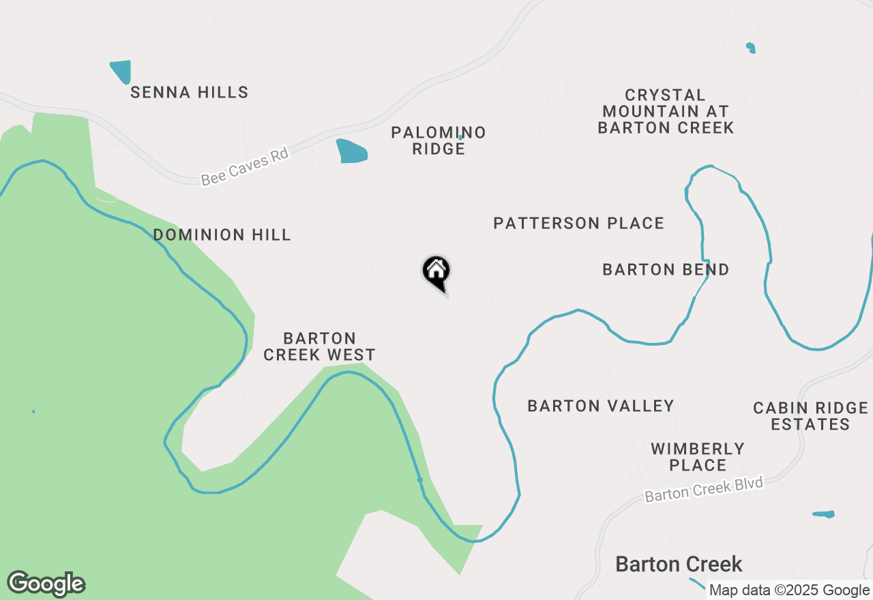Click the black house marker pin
(436, 272)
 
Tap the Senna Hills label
(189, 93)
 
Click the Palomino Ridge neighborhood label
(438, 140)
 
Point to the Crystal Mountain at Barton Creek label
(666, 111)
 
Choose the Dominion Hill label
(222, 235)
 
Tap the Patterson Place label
(578, 224)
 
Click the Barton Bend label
(666, 270)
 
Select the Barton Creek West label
(319, 346)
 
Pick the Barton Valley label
(601, 406)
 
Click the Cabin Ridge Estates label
(810, 416)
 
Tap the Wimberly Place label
(697, 457)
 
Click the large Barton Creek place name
(679, 565)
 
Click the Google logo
(46, 584)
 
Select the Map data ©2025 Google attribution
(789, 590)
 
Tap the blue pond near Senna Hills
(121, 72)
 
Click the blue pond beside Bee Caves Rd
(351, 151)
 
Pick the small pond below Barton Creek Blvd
(824, 514)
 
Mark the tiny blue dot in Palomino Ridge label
(460, 137)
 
